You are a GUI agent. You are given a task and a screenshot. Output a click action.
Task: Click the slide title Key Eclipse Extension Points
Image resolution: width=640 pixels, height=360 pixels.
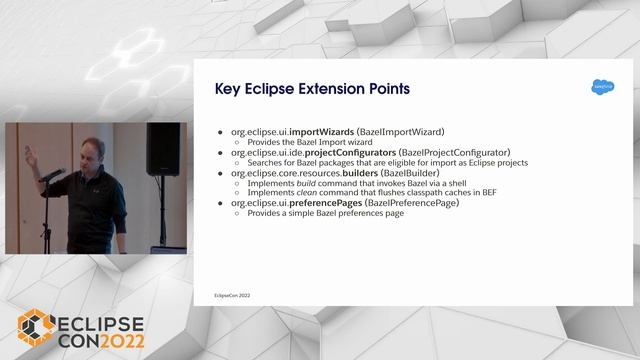[312, 89]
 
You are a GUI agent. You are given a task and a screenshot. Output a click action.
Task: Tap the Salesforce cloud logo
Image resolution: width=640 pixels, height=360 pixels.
[601, 87]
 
